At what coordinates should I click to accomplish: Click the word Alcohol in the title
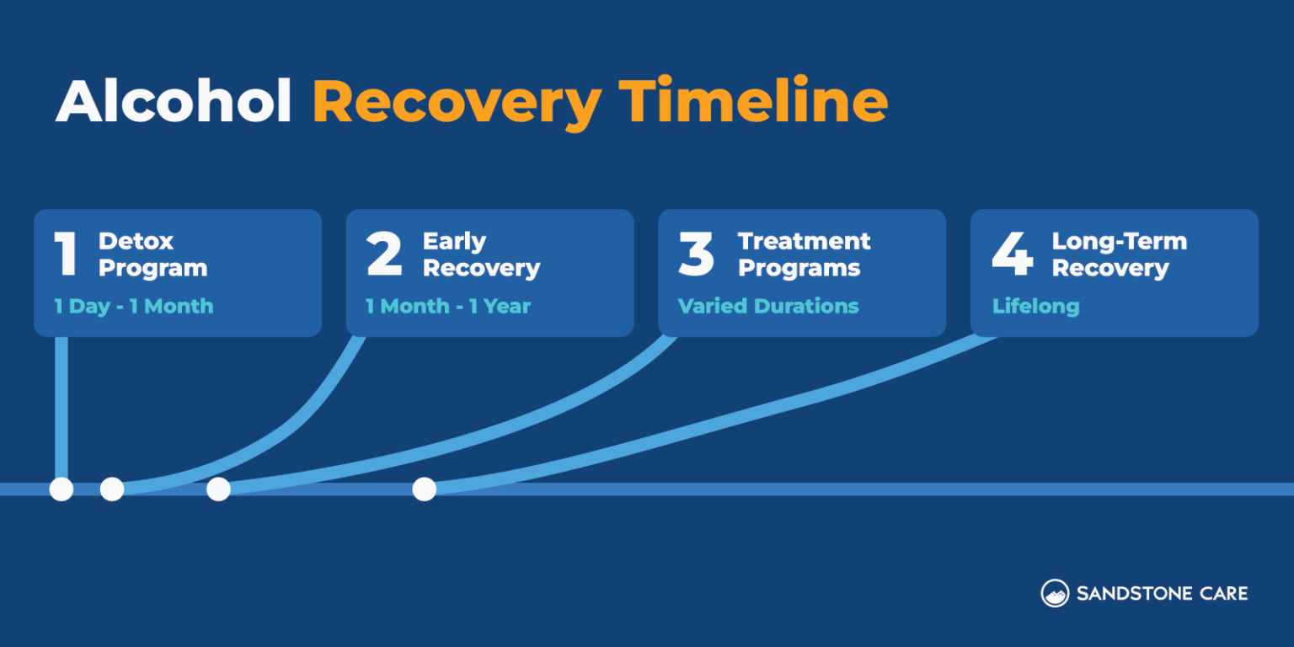point(174,103)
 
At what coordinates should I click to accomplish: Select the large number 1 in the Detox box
point(66,254)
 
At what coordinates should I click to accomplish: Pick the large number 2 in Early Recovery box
point(384,254)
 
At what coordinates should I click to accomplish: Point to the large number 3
point(697,254)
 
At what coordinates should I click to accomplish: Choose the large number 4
point(1012,254)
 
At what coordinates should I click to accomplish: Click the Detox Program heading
point(152,254)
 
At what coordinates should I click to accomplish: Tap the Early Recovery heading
point(481,254)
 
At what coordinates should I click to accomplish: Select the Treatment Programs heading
point(804,254)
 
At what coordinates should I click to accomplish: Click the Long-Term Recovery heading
point(1119,254)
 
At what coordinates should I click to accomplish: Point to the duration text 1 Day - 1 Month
point(133,306)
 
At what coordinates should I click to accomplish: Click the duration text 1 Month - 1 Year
point(447,306)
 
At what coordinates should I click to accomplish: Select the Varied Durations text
point(768,306)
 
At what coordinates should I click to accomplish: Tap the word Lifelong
point(1035,306)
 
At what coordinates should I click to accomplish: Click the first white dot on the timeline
point(61,489)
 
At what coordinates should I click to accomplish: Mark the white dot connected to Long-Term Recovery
point(424,489)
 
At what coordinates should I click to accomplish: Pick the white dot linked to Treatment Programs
point(218,489)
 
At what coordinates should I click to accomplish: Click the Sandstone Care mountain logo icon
point(1055,593)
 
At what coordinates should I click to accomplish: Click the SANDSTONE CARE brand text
point(1162,593)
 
